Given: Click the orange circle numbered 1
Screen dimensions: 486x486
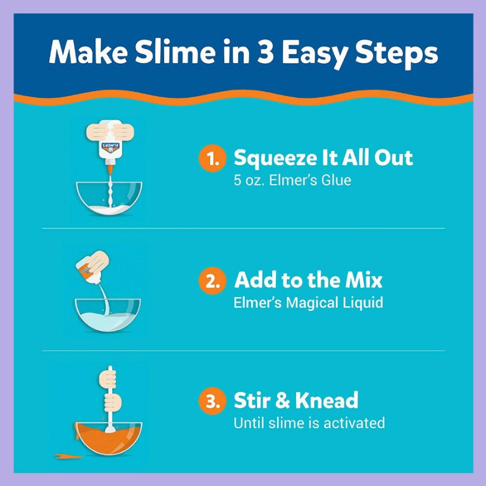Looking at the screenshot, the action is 212,158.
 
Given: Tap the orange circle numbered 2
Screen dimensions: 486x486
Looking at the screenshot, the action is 212,281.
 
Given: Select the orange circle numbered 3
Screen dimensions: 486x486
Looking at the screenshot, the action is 212,401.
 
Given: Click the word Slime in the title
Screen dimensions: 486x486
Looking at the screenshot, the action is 175,52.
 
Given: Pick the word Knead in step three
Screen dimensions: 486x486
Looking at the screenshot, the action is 327,400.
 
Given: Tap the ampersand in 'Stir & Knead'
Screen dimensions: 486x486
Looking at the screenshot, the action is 282,400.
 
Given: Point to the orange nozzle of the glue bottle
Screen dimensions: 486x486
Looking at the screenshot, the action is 110,169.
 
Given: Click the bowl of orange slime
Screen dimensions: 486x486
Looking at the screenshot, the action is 109,438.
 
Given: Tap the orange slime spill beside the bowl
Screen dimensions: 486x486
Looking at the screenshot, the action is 69,456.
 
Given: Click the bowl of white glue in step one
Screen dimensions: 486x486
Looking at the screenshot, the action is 109,199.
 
